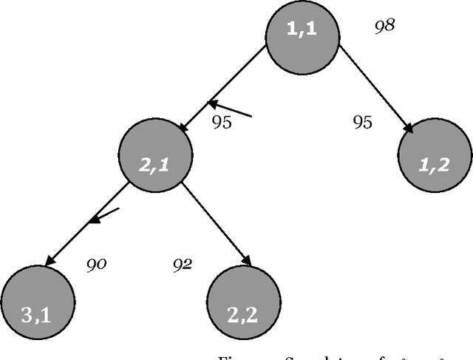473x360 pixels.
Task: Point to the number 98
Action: click(x=384, y=25)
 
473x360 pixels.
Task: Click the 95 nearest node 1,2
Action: click(x=362, y=122)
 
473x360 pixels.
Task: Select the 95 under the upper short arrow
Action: click(x=221, y=122)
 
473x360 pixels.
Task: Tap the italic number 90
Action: click(x=97, y=263)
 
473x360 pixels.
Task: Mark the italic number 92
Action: click(x=183, y=263)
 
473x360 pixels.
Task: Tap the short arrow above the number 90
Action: click(x=103, y=215)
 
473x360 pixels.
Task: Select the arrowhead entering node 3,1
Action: click(x=50, y=259)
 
